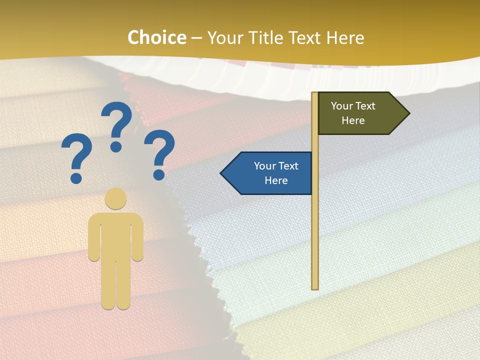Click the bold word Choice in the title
tap(156, 38)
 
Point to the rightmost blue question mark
tap(159, 152)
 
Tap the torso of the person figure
tap(115, 235)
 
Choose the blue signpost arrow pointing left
tap(267, 173)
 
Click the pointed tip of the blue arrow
tap(221, 173)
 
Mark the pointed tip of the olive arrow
tap(408, 113)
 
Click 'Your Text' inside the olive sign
tap(353, 106)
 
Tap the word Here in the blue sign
tap(276, 180)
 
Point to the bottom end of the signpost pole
tap(315, 287)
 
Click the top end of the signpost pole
tap(314, 94)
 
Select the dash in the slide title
tap(196, 38)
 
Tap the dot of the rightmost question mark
tap(159, 175)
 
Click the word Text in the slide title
tap(305, 38)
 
